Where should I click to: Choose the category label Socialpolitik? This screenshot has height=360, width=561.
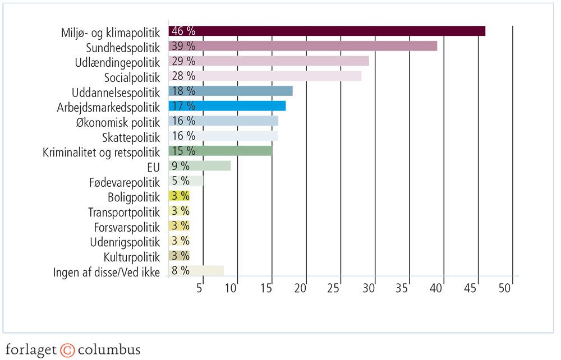[x=132, y=76]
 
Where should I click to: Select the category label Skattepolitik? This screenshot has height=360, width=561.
[x=131, y=136]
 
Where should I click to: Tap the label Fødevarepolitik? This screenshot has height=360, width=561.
[x=124, y=181]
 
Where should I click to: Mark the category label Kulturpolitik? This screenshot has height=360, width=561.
[x=131, y=256]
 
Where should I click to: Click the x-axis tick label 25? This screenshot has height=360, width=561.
[x=334, y=288]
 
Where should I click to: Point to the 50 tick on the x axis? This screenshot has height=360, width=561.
[x=505, y=288]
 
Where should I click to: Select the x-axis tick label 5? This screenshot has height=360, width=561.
[x=199, y=288]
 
